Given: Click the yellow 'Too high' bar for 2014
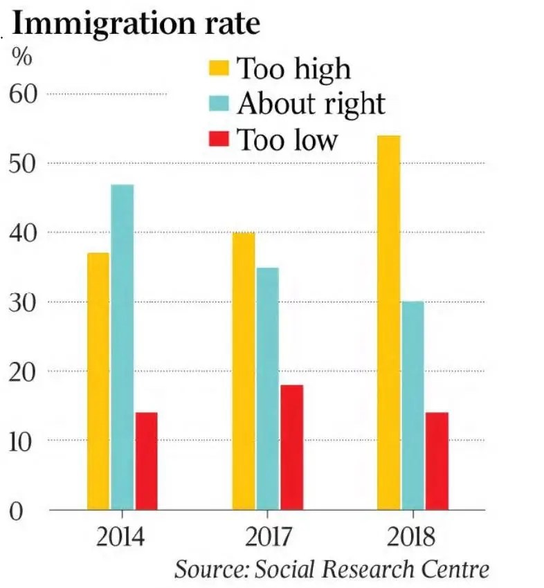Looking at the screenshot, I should point(98,381).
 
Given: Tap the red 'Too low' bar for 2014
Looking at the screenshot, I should point(146,461).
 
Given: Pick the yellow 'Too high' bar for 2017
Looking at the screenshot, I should point(243,371).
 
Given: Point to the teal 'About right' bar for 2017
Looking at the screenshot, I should point(267,388).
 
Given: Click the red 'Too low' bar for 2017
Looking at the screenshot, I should point(291,447).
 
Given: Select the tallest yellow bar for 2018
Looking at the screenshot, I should point(388,322).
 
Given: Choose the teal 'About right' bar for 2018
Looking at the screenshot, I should point(412,405).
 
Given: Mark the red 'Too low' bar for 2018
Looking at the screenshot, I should point(437,461).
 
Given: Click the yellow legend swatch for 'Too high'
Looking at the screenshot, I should point(219,68).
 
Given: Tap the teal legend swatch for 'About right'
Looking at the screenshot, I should point(219,104).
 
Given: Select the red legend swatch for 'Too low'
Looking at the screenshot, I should point(219,139).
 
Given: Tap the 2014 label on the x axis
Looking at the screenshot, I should point(123,538).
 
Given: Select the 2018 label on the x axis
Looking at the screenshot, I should point(412,538).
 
